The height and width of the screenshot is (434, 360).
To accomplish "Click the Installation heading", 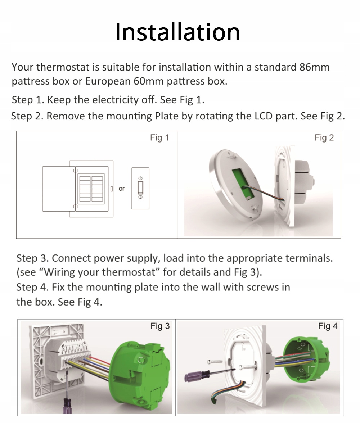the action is [177, 32].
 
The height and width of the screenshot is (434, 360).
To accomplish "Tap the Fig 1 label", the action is [159, 138].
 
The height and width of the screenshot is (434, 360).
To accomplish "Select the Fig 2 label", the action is [324, 138].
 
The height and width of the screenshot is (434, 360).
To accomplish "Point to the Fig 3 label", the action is [160, 326].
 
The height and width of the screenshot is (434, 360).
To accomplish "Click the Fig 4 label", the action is [328, 326].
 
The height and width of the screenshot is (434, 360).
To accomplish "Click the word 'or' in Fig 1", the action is [121, 189].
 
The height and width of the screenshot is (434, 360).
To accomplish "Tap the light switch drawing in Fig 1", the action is [140, 188].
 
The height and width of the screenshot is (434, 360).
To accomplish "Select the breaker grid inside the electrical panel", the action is [91, 189].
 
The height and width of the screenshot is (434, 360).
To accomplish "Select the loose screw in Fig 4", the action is [215, 362].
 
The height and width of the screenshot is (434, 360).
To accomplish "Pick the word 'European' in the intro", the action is [108, 81].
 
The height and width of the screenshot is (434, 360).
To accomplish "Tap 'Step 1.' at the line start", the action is [28, 100].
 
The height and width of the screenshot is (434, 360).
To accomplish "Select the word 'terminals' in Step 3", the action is [309, 258].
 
